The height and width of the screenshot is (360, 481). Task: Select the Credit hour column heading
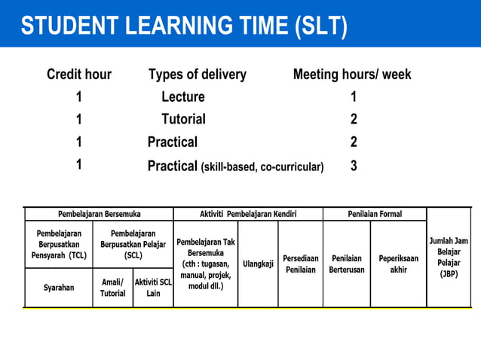79,75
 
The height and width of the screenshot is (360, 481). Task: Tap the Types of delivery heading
198,75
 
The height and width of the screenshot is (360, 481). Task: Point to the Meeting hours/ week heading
352,75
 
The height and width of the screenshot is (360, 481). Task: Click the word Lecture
183,97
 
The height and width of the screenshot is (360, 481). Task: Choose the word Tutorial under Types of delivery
183,119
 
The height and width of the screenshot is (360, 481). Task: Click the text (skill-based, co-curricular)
262,166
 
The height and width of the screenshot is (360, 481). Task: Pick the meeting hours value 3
354,166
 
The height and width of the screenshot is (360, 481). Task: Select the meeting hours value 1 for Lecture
354,97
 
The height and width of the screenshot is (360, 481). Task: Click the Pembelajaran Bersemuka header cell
100,214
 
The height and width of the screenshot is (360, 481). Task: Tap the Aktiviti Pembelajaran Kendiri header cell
248,214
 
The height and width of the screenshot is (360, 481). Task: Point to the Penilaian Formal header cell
375,214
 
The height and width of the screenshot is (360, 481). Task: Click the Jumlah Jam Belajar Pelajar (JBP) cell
449,258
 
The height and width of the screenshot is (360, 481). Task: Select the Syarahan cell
59,288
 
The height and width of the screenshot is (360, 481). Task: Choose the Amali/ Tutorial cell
113,288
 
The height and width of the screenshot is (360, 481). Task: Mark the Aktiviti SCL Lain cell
153,288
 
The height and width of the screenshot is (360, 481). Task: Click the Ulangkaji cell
258,264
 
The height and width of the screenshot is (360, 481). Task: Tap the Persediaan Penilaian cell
301,264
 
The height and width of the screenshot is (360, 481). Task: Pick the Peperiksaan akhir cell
399,264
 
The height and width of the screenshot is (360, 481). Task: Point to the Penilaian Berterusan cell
347,264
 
